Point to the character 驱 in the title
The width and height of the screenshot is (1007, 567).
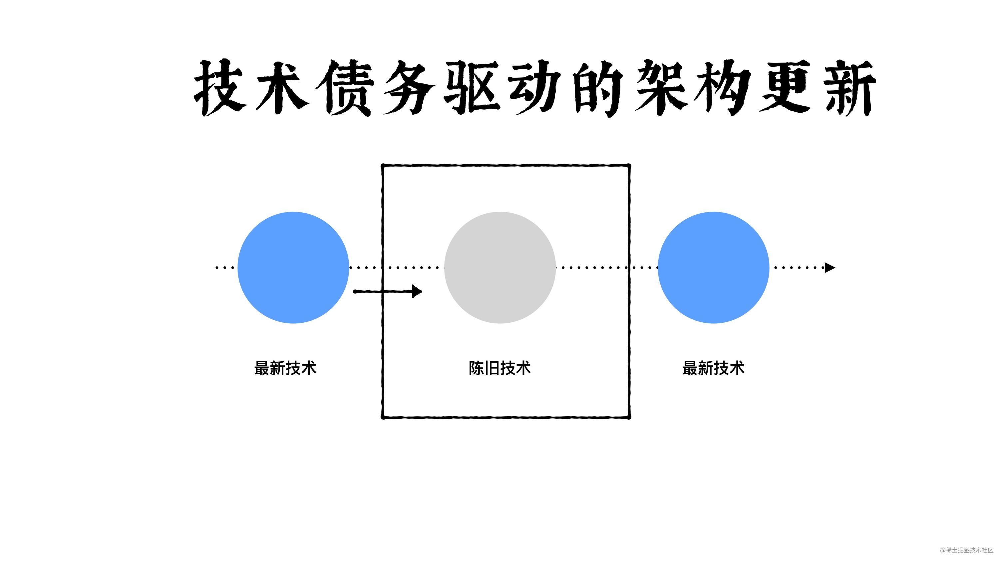point(473,88)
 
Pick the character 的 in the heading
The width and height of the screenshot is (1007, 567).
point(598,88)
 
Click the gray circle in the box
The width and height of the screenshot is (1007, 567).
point(500,268)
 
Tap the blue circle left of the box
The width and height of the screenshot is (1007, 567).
point(293,268)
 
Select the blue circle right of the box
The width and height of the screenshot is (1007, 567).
point(713,268)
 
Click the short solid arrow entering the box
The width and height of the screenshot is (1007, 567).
point(387,292)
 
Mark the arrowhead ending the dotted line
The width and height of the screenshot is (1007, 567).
point(830,268)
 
